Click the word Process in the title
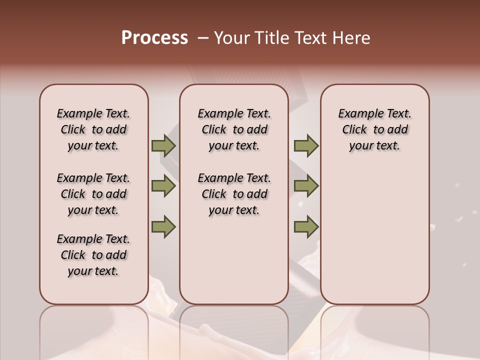154,38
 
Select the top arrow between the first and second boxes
163,145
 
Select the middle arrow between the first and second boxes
163,186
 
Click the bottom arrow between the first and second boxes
163,227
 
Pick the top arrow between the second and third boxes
306,145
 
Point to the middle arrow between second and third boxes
306,186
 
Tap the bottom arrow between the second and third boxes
306,227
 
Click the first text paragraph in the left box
93,129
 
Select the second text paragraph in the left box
93,194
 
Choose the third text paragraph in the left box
93,255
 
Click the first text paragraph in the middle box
234,129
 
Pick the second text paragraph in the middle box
234,194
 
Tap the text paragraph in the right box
375,129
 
